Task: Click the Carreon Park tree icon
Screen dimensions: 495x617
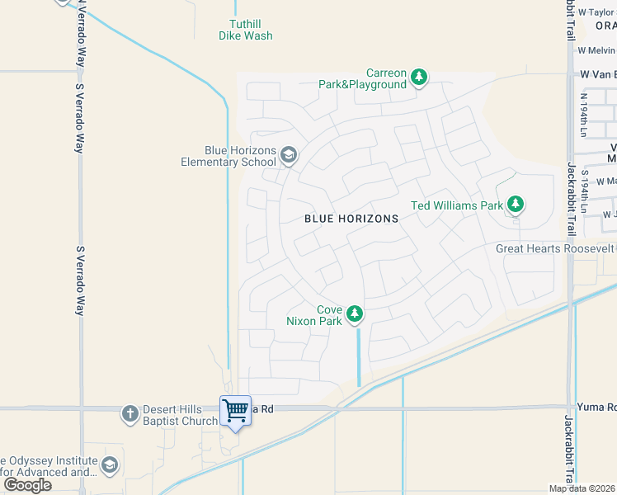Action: click(x=419, y=78)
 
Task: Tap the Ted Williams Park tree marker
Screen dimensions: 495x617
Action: click(x=516, y=204)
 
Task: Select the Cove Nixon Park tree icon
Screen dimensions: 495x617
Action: click(x=355, y=313)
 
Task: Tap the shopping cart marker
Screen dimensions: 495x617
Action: click(x=236, y=410)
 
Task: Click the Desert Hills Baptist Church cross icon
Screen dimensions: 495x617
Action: click(x=130, y=413)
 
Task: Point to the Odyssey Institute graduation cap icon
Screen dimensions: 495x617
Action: click(x=109, y=466)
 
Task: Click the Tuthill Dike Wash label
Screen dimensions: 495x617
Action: click(x=246, y=30)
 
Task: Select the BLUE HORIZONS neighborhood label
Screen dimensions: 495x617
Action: click(x=351, y=219)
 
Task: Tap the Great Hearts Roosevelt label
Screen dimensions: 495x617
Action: click(x=555, y=248)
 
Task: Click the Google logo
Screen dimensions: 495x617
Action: click(x=27, y=485)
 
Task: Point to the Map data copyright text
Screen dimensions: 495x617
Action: click(x=582, y=488)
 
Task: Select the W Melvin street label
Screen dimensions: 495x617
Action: click(x=596, y=49)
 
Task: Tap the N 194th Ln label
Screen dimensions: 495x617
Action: click(x=583, y=115)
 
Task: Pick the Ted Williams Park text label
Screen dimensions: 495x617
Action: click(x=457, y=205)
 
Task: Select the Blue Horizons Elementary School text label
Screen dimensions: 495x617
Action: click(x=228, y=156)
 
